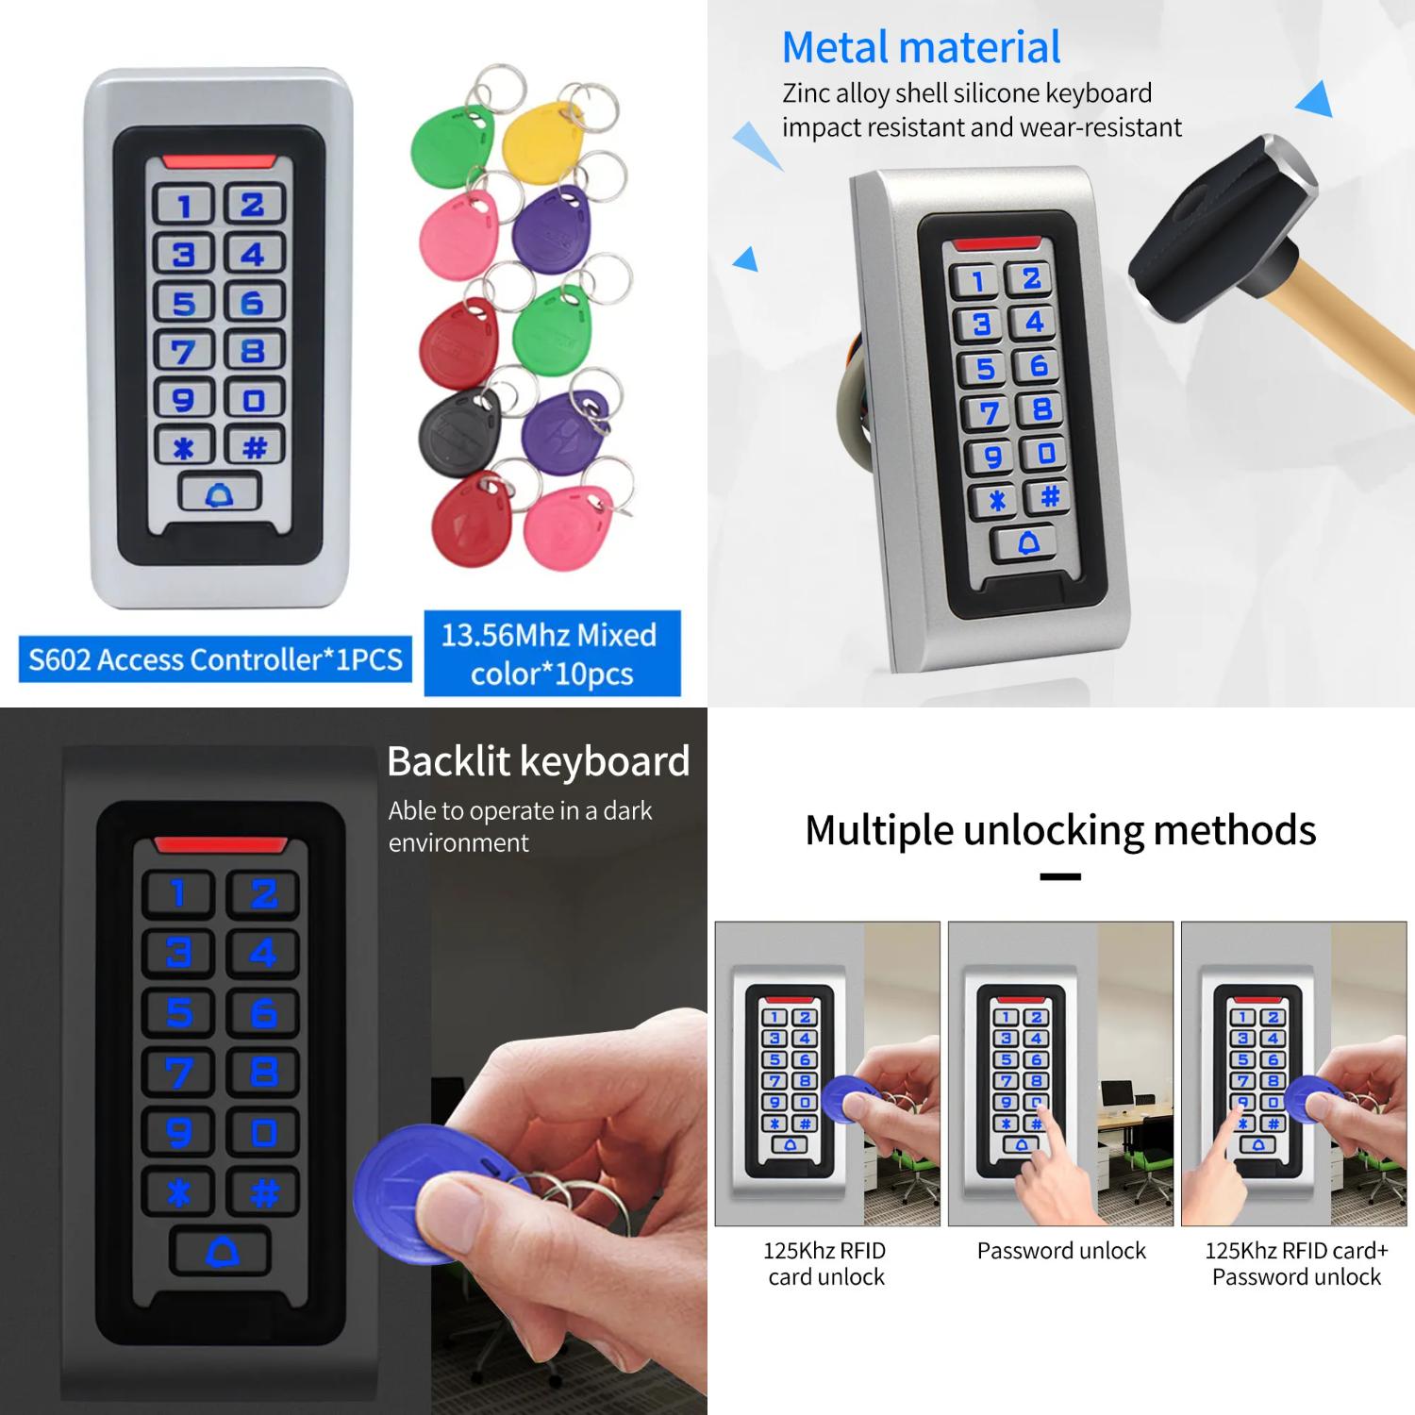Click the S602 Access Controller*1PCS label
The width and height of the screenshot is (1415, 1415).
pyautogui.click(x=215, y=658)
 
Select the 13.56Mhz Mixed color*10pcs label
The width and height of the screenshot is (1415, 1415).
pyautogui.click(x=552, y=654)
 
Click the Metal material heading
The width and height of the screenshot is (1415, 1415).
pyautogui.click(x=921, y=47)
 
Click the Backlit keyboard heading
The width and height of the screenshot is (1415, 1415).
pyautogui.click(x=538, y=761)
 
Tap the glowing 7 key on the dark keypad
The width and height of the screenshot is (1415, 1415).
pyautogui.click(x=179, y=1073)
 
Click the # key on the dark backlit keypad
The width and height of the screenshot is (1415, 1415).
pyautogui.click(x=264, y=1192)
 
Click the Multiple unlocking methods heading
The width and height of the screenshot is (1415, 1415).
pyautogui.click(x=1060, y=830)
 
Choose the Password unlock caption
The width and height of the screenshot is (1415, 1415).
pyautogui.click(x=1061, y=1251)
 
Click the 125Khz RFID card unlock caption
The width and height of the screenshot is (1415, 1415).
pyautogui.click(x=825, y=1263)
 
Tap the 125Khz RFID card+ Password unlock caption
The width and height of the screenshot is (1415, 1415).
pyautogui.click(x=1296, y=1263)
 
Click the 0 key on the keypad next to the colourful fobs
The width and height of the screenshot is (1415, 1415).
pyautogui.click(x=254, y=399)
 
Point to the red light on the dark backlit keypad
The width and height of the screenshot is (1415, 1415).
pyautogui.click(x=220, y=844)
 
